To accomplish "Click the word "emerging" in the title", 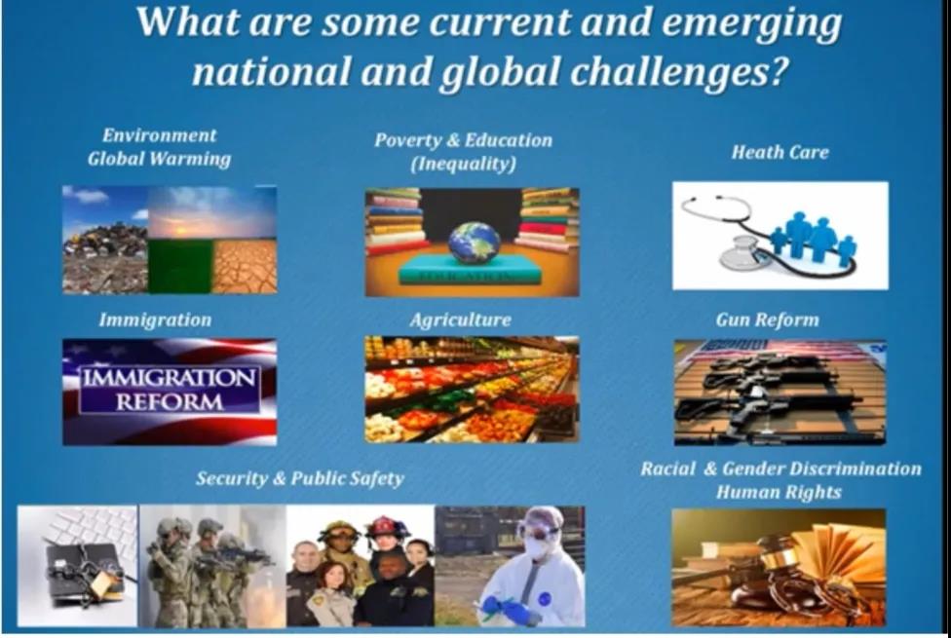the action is (x=751, y=24).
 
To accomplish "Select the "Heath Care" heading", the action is (x=780, y=152).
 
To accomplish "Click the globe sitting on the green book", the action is (x=475, y=243).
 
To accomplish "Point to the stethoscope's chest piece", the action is (x=739, y=252).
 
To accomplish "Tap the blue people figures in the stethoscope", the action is (x=814, y=238).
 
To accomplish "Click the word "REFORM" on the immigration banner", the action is (x=170, y=401).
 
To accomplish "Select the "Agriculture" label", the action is (x=460, y=319).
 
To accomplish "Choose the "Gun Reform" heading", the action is (x=767, y=319).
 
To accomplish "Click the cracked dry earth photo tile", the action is (x=245, y=267).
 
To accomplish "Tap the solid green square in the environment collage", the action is (x=180, y=267).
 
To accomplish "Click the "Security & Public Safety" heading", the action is (x=299, y=478).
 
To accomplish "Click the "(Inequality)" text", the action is (x=464, y=164).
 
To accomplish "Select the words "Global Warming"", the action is (x=159, y=159).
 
